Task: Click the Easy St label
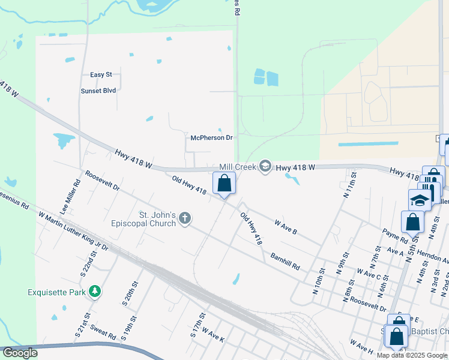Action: click(x=101, y=74)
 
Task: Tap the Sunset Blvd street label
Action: click(x=98, y=91)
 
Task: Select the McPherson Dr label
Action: click(x=211, y=137)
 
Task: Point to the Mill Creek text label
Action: click(x=237, y=166)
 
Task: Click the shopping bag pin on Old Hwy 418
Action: click(x=224, y=182)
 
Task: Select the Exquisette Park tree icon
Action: click(x=94, y=292)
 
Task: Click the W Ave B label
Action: click(x=286, y=226)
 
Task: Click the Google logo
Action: click(x=20, y=353)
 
